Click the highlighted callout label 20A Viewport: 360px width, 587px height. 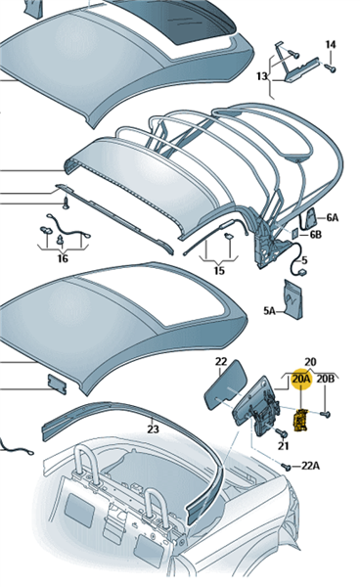click(x=301, y=379)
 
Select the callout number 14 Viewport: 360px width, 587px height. click(x=331, y=45)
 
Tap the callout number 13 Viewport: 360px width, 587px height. click(x=262, y=76)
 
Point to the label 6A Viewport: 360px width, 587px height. click(x=332, y=217)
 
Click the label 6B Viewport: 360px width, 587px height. click(x=315, y=235)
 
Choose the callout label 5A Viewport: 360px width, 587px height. click(x=269, y=310)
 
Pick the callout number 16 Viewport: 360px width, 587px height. click(x=63, y=258)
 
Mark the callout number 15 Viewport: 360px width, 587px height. click(x=219, y=270)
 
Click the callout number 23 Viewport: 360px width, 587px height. click(x=153, y=429)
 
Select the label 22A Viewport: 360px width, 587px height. click(x=311, y=466)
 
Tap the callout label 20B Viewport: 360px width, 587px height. click(x=325, y=379)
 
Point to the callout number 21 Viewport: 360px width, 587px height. click(x=284, y=445)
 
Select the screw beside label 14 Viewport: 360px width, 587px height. click(x=330, y=68)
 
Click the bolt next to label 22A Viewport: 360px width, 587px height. click(x=287, y=467)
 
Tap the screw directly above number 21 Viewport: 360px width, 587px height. click(x=283, y=433)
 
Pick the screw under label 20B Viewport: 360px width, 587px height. click(x=326, y=414)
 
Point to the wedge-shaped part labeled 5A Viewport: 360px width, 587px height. click(x=293, y=299)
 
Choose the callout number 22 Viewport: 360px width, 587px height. click(x=221, y=362)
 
